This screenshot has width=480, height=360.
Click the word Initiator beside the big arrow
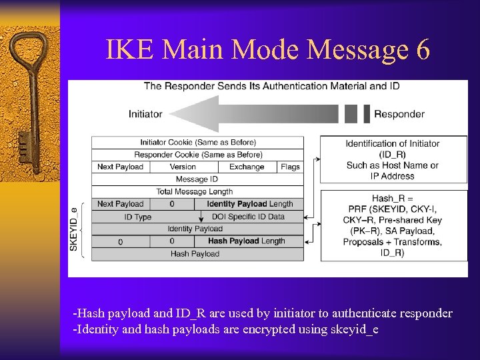point(145,114)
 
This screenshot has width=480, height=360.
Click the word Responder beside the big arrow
point(399,114)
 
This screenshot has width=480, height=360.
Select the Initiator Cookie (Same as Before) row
point(198,142)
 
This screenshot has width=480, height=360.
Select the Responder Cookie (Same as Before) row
point(198,155)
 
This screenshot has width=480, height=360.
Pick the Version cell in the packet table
point(183,167)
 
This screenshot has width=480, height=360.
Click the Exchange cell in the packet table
point(247,167)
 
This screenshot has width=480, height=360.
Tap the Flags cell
point(290,167)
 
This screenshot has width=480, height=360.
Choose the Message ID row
point(197,179)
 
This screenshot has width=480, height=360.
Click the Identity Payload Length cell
point(250,204)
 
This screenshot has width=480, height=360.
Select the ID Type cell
point(138,217)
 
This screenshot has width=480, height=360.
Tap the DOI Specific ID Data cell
point(248,217)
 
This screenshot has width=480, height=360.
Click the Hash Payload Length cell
point(246,241)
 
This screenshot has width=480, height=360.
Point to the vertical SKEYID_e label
point(75,229)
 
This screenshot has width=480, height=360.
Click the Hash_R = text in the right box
point(392,199)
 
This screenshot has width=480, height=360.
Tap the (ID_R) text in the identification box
point(392,155)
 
